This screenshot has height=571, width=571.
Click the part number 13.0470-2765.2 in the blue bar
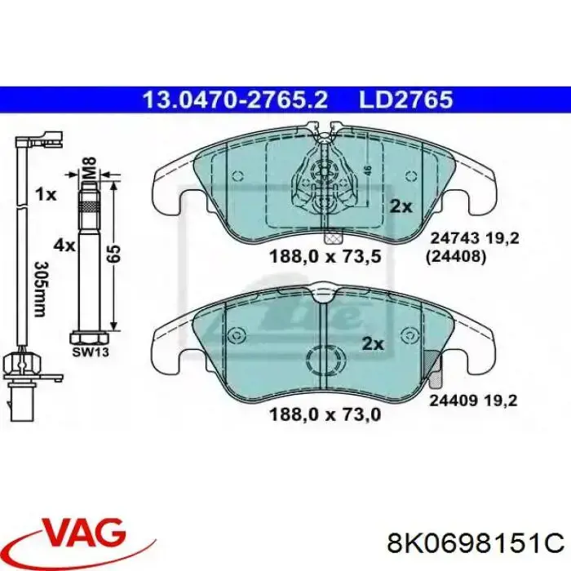point(235,100)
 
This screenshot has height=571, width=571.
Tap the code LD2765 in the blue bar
point(405,100)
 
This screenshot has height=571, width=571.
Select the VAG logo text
point(85,533)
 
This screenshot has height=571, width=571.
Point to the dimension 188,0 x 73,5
point(325,256)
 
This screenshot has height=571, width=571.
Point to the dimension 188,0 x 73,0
point(325,414)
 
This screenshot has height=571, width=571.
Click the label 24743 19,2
point(475,239)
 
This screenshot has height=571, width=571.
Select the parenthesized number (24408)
point(455,258)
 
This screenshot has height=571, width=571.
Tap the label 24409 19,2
point(473,401)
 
